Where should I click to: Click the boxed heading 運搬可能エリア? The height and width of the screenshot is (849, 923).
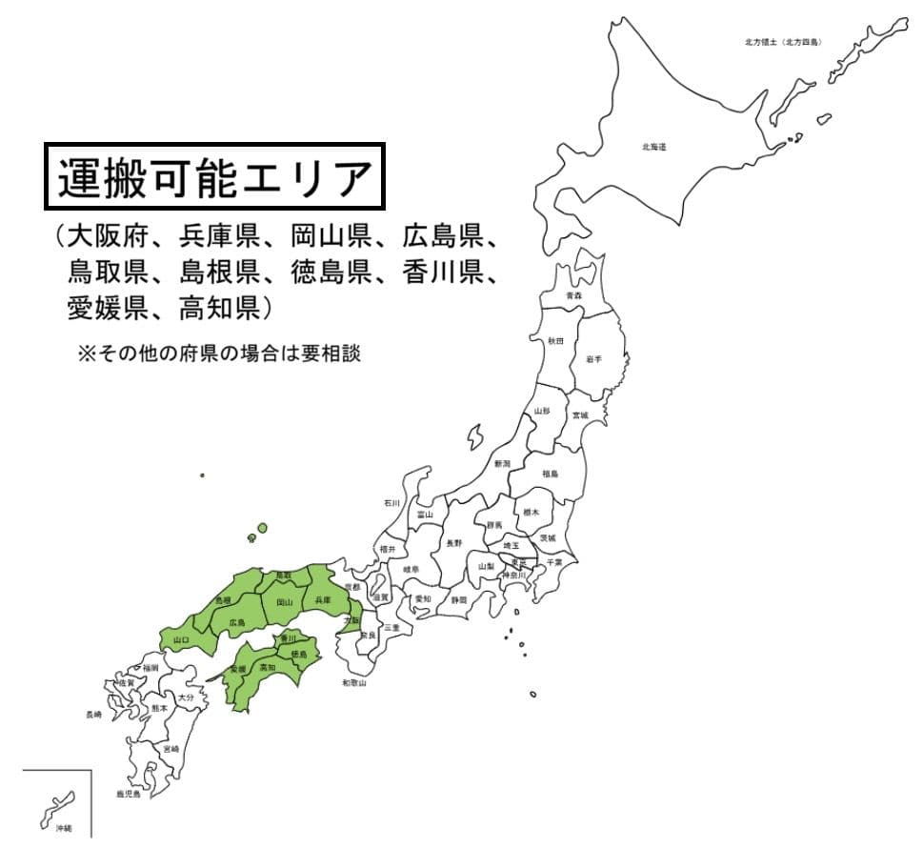213,177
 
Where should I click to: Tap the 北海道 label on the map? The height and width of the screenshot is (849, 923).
653,147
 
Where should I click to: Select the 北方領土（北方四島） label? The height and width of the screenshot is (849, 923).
783,42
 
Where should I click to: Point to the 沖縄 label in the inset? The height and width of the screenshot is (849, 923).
62,827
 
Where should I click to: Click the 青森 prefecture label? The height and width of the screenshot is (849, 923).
573,295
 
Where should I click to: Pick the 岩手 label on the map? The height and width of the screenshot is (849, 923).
593,358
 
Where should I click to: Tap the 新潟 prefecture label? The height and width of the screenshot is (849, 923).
502,463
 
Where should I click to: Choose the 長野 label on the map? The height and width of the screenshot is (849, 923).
454,543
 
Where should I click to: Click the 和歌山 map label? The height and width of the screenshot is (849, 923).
355,683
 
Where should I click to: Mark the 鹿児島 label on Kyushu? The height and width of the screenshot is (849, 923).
128,793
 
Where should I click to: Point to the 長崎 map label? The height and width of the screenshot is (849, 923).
93,714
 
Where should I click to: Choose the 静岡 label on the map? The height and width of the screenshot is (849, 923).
459,601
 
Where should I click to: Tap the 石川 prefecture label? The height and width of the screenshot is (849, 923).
391,502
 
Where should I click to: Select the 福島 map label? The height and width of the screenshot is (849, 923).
550,474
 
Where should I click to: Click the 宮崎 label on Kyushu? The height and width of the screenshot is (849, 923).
171,750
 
